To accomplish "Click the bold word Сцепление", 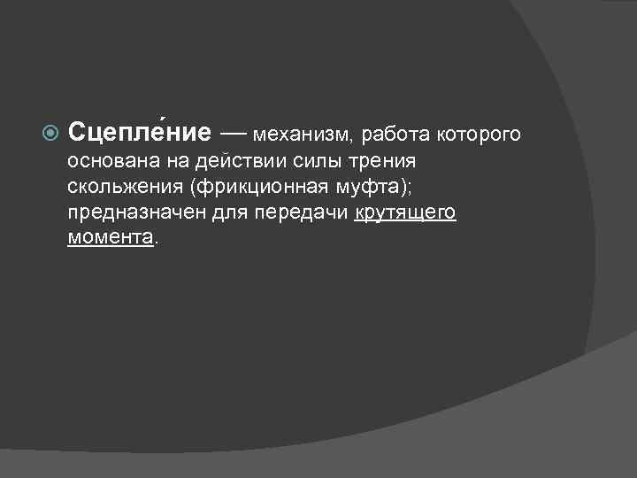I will click(x=140, y=133).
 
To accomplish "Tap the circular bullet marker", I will click(x=50, y=134).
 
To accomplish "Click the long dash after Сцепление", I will click(x=234, y=133).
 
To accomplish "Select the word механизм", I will click(x=301, y=135).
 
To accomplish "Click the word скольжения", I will click(x=119, y=188).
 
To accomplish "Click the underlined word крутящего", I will click(x=405, y=214).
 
